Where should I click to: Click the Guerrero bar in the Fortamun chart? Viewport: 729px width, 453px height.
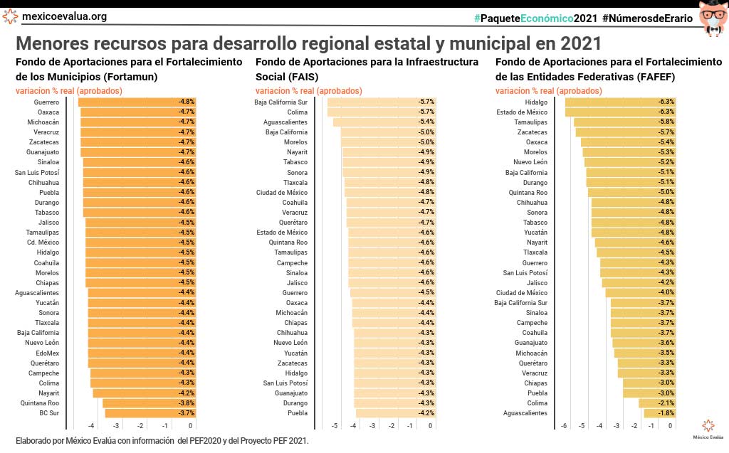pyautogui.click(x=128, y=102)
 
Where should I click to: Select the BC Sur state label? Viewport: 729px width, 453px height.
pyautogui.click(x=49, y=413)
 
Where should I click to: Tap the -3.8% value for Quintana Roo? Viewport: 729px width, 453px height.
pyautogui.click(x=186, y=403)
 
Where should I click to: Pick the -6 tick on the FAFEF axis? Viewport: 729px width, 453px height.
pyautogui.click(x=564, y=425)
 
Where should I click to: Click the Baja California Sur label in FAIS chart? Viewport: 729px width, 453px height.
pyautogui.click(x=281, y=102)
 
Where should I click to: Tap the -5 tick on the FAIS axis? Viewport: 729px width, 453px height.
pyautogui.click(x=335, y=425)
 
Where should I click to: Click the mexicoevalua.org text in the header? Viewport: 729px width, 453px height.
pyautogui.click(x=64, y=16)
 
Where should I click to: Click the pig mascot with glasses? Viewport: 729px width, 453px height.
pyautogui.click(x=713, y=17)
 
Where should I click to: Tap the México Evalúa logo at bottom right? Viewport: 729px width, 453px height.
pyautogui.click(x=708, y=428)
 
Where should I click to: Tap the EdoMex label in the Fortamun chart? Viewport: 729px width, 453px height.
pyautogui.click(x=48, y=353)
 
